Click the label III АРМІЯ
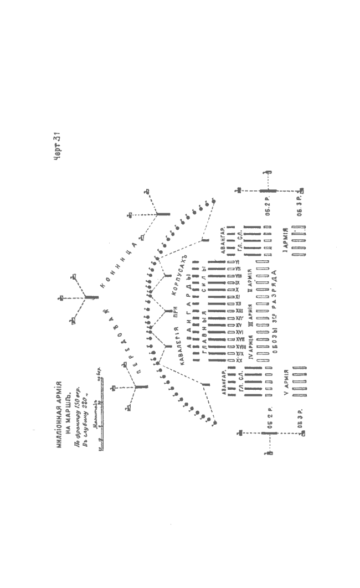250,321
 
